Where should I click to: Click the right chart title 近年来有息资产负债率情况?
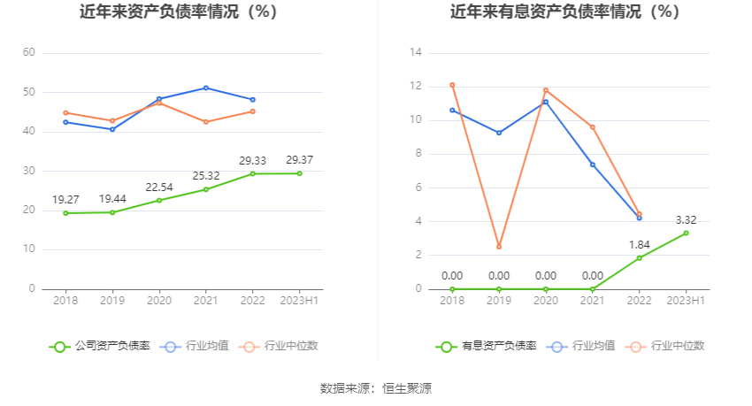564,12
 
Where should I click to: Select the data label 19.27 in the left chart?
65,200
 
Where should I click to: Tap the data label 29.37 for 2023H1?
299,160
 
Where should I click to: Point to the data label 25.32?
206,176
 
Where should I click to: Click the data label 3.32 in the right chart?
685,220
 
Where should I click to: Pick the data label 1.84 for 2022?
639,245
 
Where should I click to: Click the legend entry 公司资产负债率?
99,346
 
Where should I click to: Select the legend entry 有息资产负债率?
486,346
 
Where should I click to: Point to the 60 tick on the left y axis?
29,53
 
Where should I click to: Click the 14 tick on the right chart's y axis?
416,53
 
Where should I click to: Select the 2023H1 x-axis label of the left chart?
299,301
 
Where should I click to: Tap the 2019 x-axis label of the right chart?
499,301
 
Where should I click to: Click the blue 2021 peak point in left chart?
206,88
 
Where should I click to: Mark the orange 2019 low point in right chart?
499,247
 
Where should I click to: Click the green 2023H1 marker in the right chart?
685,233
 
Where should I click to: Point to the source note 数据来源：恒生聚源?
376,387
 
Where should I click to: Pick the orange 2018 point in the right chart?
452,85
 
